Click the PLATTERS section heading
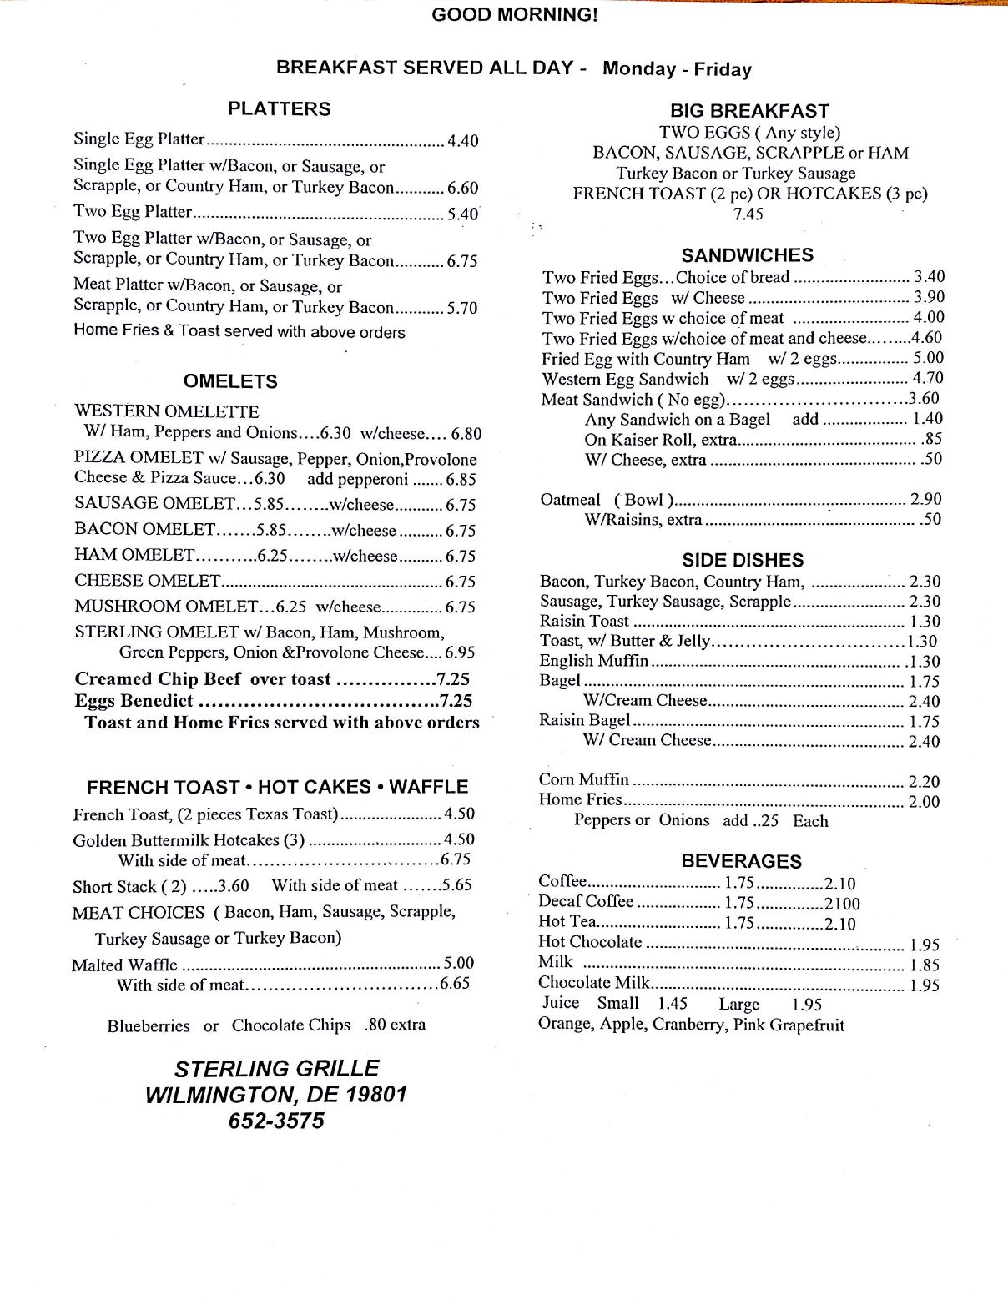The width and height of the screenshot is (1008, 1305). [279, 109]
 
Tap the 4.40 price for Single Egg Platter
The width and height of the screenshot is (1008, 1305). [462, 140]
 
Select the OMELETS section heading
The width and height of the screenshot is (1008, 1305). [230, 381]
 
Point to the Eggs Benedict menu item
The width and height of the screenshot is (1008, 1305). [134, 701]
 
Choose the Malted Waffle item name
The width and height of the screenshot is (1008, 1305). [124, 965]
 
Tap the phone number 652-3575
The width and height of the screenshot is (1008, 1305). [276, 1121]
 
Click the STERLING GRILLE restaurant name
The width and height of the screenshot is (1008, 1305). [276, 1068]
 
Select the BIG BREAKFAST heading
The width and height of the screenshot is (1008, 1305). [749, 111]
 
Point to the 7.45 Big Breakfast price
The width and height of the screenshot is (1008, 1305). [748, 214]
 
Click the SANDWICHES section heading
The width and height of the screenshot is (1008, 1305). [747, 255]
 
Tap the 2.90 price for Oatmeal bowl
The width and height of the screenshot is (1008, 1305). [925, 499]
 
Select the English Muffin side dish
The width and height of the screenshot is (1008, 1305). [594, 661]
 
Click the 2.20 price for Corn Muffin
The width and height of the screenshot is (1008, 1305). [923, 781]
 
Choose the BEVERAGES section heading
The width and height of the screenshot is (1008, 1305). [741, 861]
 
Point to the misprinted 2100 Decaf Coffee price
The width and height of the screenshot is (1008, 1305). [842, 903]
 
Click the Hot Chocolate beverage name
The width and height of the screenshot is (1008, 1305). [590, 943]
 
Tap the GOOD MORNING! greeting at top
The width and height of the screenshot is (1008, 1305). [515, 15]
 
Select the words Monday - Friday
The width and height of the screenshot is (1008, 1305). [677, 69]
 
